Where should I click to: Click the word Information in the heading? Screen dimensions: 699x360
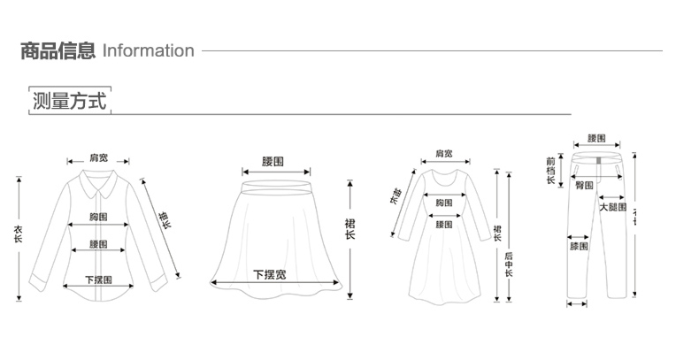149,50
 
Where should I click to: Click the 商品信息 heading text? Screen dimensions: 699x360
58,50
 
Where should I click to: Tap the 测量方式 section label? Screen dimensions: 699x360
69,101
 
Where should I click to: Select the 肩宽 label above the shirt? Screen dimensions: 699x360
98,158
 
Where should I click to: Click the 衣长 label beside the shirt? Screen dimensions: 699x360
19,236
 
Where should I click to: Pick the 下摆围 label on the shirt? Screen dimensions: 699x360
98,280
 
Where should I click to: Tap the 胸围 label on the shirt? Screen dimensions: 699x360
98,217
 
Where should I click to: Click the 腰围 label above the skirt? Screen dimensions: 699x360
273,162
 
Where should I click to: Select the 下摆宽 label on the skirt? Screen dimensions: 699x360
270,274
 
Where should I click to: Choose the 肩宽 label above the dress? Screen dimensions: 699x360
444,154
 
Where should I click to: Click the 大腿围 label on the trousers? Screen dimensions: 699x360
612,207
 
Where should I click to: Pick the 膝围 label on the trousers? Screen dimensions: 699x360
579,246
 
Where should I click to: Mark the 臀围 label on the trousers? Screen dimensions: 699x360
583,185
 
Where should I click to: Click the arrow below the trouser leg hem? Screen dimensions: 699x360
576,305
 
